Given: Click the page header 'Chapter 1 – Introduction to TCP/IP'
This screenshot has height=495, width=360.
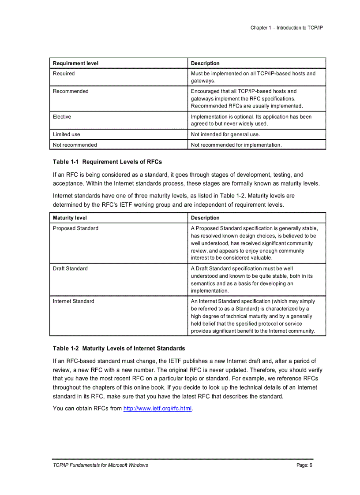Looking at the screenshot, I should pos(287,28).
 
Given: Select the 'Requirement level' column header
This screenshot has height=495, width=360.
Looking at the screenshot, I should pos(75,63).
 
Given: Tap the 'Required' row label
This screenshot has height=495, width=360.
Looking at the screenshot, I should pos(64,74).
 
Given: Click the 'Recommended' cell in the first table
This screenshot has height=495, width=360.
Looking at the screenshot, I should pos(71,91).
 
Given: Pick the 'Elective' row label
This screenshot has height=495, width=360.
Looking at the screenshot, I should pos(62,117).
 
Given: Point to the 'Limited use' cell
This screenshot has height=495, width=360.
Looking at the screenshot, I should pos(67,134).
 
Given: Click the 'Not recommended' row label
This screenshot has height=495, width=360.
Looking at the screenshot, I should pos(75,145).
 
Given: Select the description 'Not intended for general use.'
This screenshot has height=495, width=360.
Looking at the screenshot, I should pos(225,134).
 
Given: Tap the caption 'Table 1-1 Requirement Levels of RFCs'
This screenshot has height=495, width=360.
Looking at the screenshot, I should pos(107,162).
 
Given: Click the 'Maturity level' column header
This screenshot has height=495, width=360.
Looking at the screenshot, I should pos(70,218).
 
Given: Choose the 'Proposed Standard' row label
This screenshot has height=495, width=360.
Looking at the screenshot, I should pos(75,228).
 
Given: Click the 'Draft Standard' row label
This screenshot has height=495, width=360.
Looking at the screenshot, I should pos(70,268).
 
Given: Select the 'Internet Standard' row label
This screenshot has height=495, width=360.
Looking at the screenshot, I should pos(73,301).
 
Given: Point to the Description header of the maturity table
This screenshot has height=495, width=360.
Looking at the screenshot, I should pos(205,218).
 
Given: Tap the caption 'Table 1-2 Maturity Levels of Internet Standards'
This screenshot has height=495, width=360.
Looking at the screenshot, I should pos(119,348).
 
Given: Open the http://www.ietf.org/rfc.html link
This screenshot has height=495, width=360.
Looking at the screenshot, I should pos(157,409).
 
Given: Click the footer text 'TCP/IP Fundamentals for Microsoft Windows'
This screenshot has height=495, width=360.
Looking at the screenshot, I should pos(100,465).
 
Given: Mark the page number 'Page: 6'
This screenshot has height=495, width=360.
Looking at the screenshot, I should pos(304,465).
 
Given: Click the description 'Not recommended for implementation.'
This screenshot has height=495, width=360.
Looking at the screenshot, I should pos(236,145).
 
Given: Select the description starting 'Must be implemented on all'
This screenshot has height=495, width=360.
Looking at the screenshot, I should pos(253,77).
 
